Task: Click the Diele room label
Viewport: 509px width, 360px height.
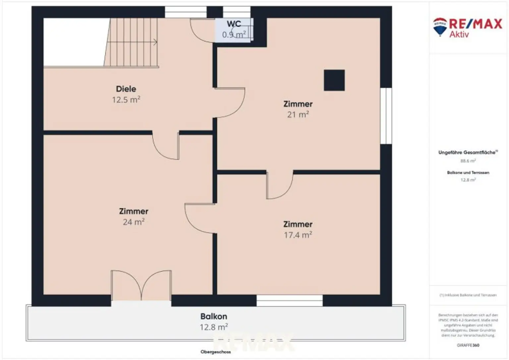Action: tap(126, 89)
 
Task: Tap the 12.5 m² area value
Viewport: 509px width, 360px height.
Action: tap(126, 100)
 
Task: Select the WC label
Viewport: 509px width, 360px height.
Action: tap(234, 24)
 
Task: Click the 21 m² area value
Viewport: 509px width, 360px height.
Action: tap(298, 115)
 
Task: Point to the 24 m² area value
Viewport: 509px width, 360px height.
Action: tap(134, 222)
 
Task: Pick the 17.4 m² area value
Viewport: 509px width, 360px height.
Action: tap(298, 235)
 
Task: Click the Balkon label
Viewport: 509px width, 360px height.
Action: tap(214, 316)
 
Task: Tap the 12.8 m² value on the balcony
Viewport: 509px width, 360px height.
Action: tap(214, 327)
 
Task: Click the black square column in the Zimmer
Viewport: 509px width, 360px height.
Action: tap(334, 80)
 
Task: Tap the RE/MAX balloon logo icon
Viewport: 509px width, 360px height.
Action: tap(440, 27)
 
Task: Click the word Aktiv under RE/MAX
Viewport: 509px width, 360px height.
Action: tap(459, 34)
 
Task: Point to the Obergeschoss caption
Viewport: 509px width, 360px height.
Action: tap(216, 352)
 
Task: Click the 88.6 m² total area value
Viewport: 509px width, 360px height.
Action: tap(468, 161)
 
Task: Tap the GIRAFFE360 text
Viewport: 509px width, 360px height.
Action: tap(468, 345)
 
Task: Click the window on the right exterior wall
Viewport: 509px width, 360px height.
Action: tap(386, 116)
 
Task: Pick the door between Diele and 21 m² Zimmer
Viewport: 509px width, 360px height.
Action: tap(230, 103)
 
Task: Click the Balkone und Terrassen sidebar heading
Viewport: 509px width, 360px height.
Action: tap(468, 173)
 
